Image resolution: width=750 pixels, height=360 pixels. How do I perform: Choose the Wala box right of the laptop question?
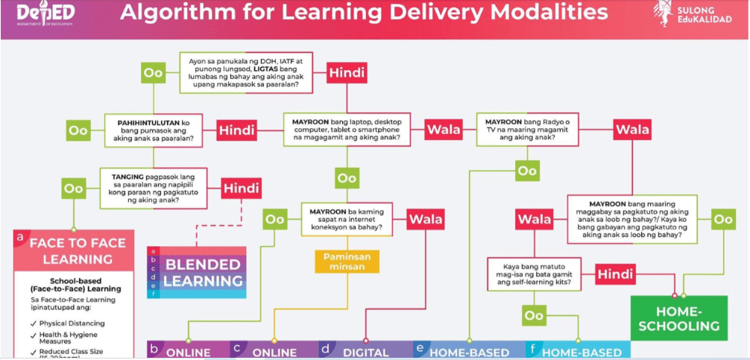coord(444,129)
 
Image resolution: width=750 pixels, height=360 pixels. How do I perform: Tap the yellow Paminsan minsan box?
coord(347,261)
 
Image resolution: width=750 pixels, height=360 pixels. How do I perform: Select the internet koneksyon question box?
coord(347,220)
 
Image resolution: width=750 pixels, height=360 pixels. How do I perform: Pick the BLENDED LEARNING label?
coord(203,272)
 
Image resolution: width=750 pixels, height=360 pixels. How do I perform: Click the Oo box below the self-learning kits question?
coord(534,315)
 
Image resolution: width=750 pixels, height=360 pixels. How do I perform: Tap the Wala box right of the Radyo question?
coord(633,129)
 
